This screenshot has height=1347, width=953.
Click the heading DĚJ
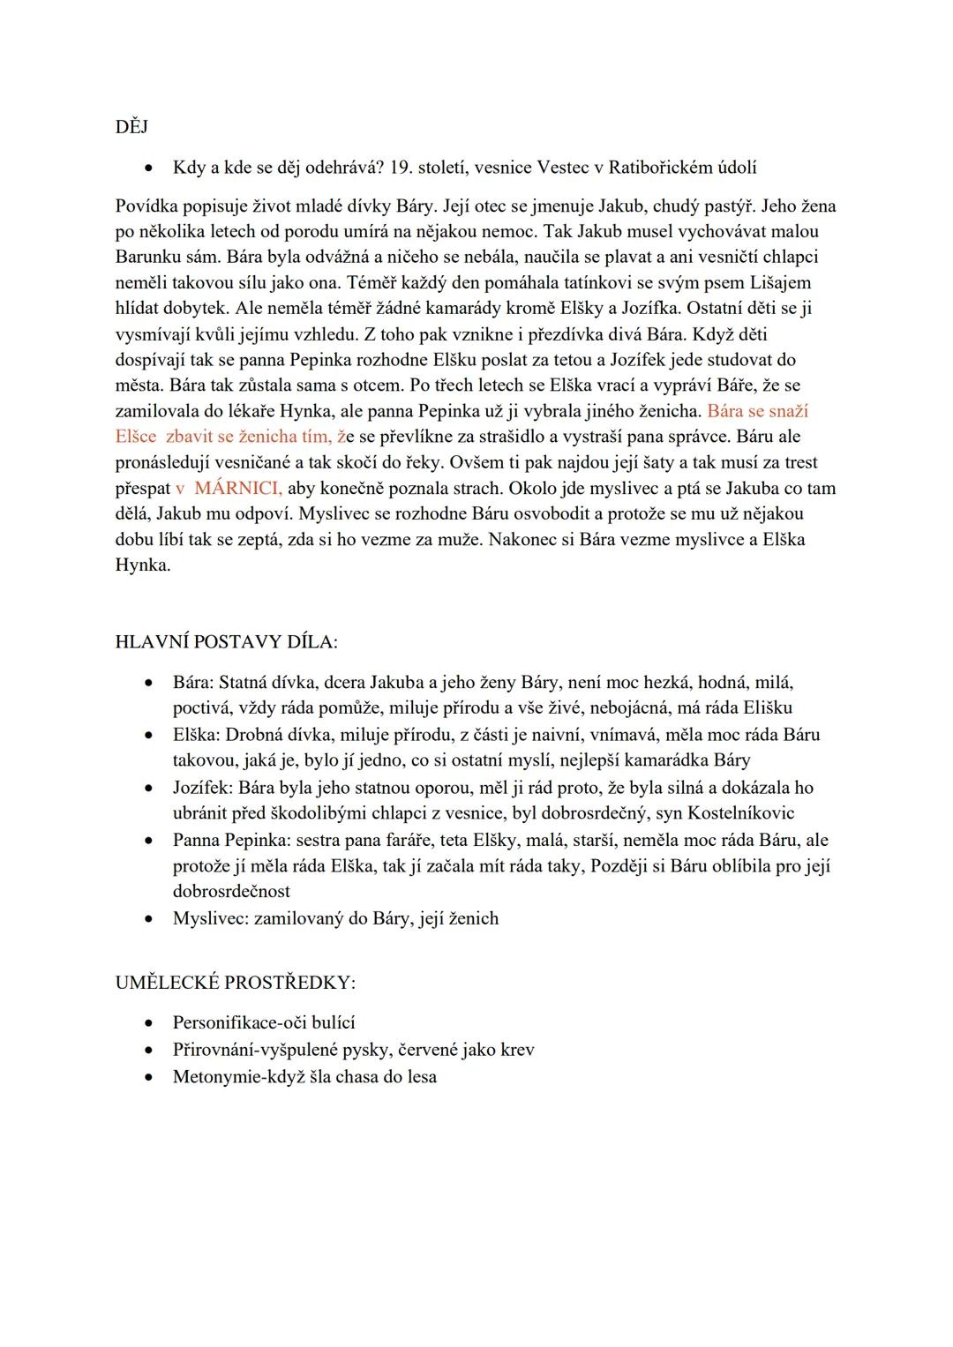point(131,127)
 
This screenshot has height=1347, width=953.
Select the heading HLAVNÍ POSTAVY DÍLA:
point(226,642)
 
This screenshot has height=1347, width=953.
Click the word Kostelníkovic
point(741,813)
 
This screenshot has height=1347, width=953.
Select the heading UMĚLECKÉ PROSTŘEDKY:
point(236,983)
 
